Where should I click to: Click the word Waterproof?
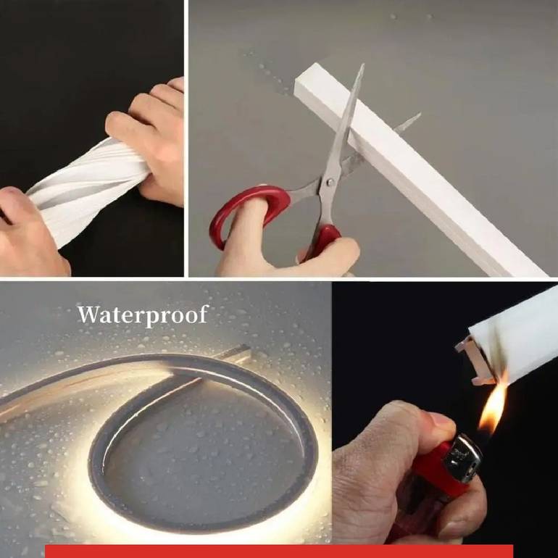coord(142,315)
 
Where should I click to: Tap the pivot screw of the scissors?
coord(330,183)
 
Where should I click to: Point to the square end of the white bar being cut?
coord(305,80)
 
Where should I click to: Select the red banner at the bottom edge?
coord(279,551)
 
